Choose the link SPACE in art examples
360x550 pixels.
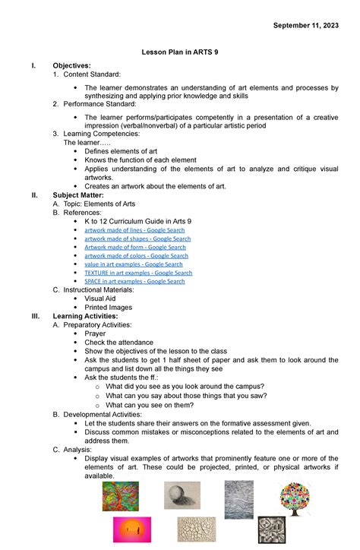(x=134, y=281)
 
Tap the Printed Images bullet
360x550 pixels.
(x=108, y=308)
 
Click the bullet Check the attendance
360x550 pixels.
(x=120, y=343)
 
